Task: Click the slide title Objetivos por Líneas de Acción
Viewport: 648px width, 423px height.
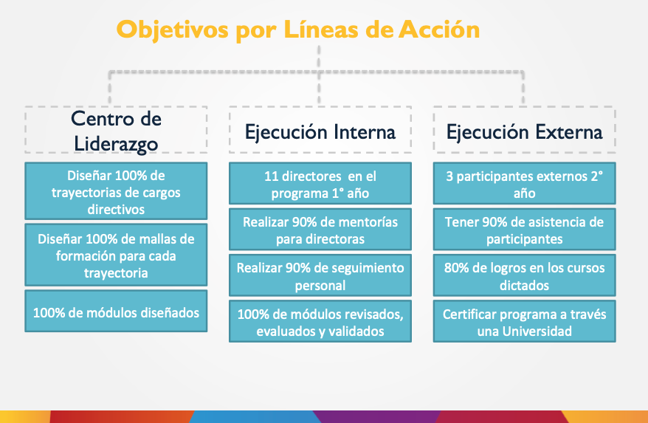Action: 298,30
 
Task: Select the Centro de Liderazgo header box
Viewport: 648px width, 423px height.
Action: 116,129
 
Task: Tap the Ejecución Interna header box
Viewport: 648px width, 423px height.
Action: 320,129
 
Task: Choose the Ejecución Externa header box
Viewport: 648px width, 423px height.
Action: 525,129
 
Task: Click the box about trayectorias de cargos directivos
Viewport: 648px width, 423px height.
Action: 116,191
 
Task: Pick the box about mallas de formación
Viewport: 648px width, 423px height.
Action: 116,255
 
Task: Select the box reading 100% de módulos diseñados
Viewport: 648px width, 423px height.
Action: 116,311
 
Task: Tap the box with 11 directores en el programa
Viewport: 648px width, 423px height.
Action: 320,183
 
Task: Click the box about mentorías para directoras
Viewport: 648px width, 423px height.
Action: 320,230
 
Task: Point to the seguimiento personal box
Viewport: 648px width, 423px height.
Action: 320,275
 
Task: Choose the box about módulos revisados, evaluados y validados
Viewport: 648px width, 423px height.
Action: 320,321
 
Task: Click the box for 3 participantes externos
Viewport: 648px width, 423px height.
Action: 525,183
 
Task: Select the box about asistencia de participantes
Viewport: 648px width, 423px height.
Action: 525,230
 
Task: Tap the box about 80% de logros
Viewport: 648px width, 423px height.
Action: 525,275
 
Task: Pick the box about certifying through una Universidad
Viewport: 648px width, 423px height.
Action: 525,321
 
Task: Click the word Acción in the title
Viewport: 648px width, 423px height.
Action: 439,29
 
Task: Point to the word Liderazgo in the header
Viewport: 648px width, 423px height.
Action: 116,144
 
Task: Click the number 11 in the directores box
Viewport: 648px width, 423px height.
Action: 271,176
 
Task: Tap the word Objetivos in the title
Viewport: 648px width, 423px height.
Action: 172,30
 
